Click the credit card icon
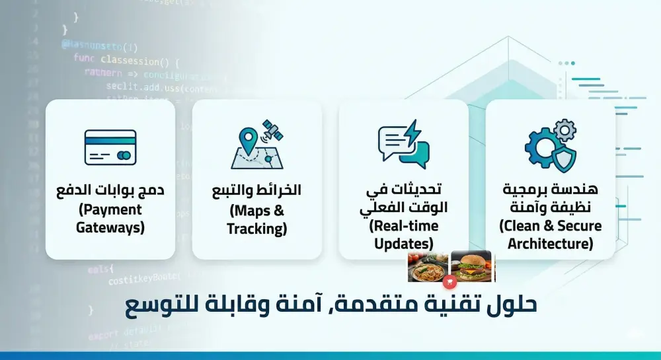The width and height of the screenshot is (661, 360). pos(110,147)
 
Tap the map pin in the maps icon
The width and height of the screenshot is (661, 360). pos(248,139)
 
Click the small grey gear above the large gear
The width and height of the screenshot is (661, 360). pos(564,129)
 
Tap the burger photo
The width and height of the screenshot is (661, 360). pos(471,266)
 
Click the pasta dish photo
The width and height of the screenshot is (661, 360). pos(428,267)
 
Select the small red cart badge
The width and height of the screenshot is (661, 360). pos(449,282)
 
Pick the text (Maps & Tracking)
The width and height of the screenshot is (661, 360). pos(256,219)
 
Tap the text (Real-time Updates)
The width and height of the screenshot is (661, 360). pos(403,234)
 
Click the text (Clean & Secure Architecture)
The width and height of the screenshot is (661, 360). pos(550,234)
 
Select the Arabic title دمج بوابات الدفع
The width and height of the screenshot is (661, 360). pos(110,190)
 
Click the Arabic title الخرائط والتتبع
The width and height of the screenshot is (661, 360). pos(256,190)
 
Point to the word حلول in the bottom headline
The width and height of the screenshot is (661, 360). pos(513,305)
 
